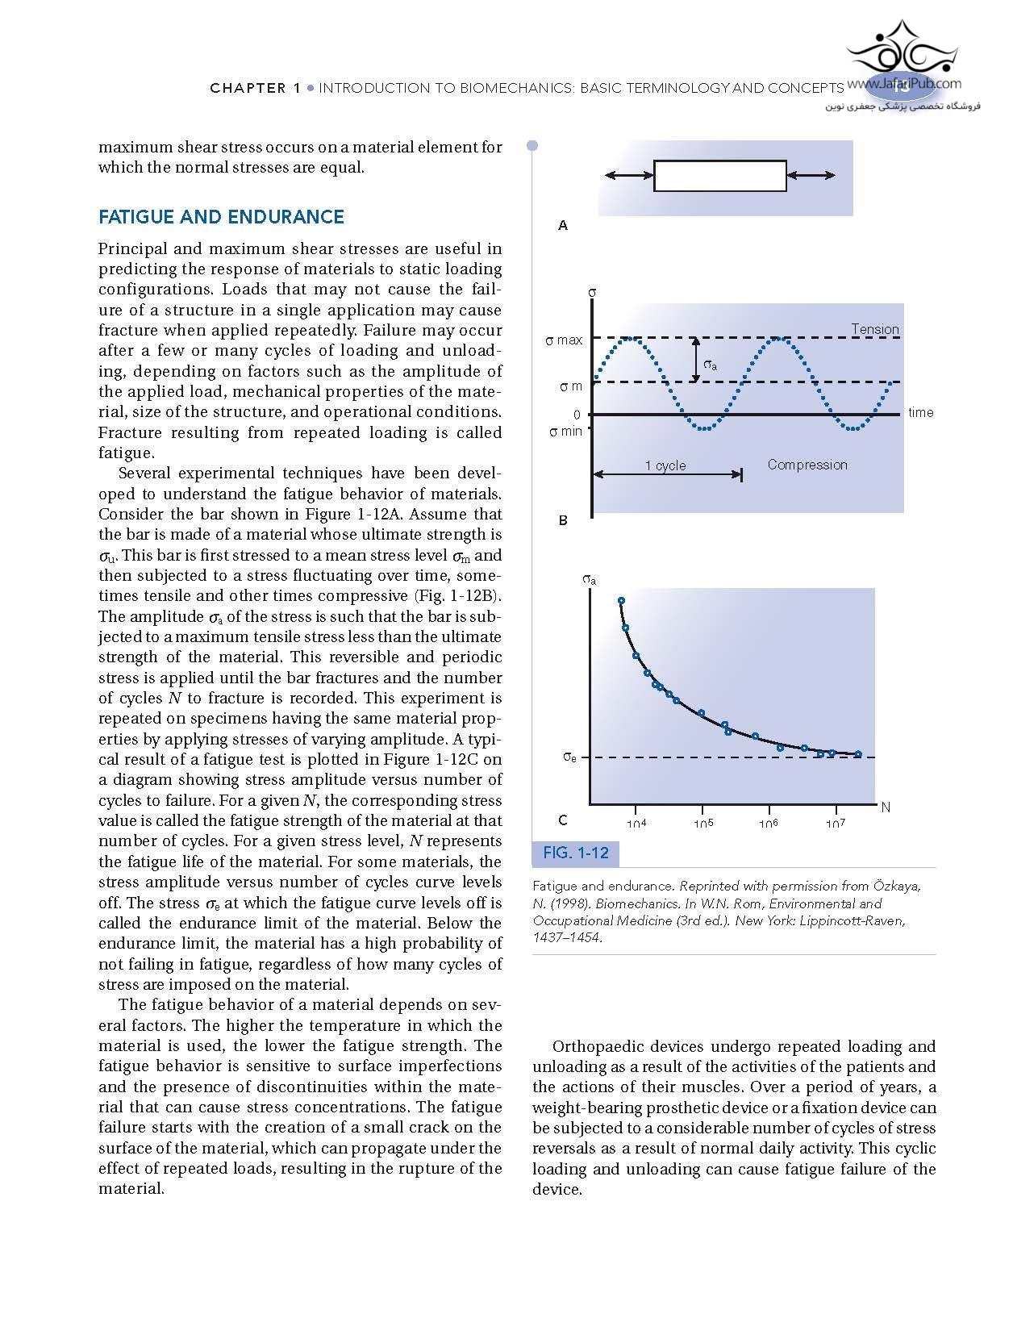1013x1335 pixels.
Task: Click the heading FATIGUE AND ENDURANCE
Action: [x=221, y=217]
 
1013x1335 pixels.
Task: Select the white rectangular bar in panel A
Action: [x=719, y=176]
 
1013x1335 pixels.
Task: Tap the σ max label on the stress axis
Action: [x=564, y=340]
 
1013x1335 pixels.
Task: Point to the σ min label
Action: [x=565, y=432]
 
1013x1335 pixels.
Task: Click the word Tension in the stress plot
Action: [x=875, y=329]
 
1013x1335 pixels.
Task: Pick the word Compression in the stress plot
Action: [x=807, y=465]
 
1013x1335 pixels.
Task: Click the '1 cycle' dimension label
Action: [x=665, y=465]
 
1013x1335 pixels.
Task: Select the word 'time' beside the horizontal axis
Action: [x=920, y=413]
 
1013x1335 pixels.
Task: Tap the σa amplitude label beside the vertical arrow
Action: [x=710, y=365]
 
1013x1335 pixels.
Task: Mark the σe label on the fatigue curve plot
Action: [x=569, y=757]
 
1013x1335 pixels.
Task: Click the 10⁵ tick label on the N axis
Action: [x=703, y=824]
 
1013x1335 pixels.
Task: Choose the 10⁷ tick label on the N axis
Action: [x=836, y=824]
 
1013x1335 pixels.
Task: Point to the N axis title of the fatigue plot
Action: [x=886, y=807]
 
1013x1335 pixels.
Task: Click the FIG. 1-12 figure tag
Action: [x=576, y=853]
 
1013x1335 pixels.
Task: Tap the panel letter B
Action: [x=563, y=520]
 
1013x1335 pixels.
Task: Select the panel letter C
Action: [x=563, y=820]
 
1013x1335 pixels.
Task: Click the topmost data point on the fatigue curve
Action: [x=621, y=600]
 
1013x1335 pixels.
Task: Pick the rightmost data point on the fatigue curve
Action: [x=858, y=754]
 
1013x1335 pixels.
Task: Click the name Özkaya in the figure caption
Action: [x=894, y=886]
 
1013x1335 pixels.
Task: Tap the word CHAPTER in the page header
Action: [x=248, y=88]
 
